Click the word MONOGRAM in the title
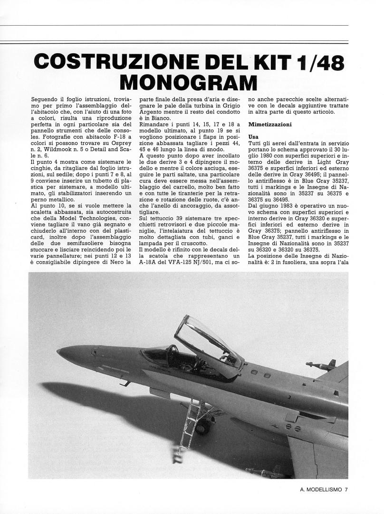point(188,84)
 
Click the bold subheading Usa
point(254,137)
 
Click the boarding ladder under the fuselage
point(190,428)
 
